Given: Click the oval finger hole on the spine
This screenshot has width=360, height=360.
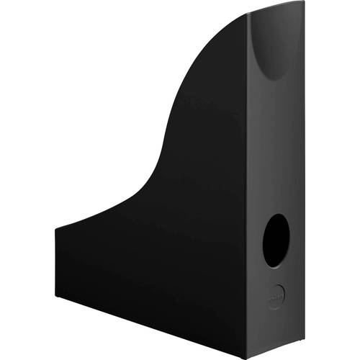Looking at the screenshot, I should point(276,240).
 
